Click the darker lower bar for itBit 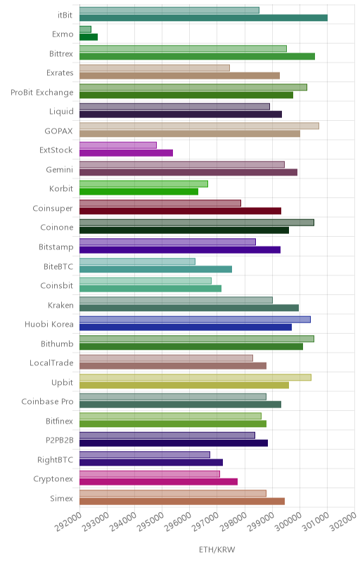coord(203,18)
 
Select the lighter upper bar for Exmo coord(85,30)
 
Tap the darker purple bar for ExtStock coord(127,153)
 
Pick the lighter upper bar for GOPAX coord(200,126)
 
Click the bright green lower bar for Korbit coord(139,192)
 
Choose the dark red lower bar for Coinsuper coord(181,211)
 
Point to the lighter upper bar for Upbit coord(195,377)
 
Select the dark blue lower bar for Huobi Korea coord(186,327)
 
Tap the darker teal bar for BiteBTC coord(155,269)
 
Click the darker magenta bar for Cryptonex coord(158,482)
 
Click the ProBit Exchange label coord(42,93)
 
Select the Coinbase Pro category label coord(47,401)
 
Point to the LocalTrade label coord(51,362)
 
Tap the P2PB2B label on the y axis coord(60,440)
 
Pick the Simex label coord(62,498)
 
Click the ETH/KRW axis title coord(217,549)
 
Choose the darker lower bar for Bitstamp coord(180,250)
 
